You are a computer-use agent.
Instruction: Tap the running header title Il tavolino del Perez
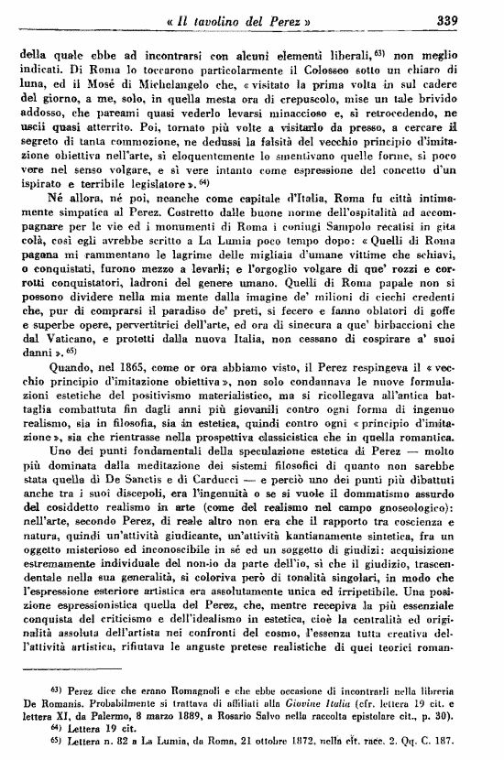coord(240,20)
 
